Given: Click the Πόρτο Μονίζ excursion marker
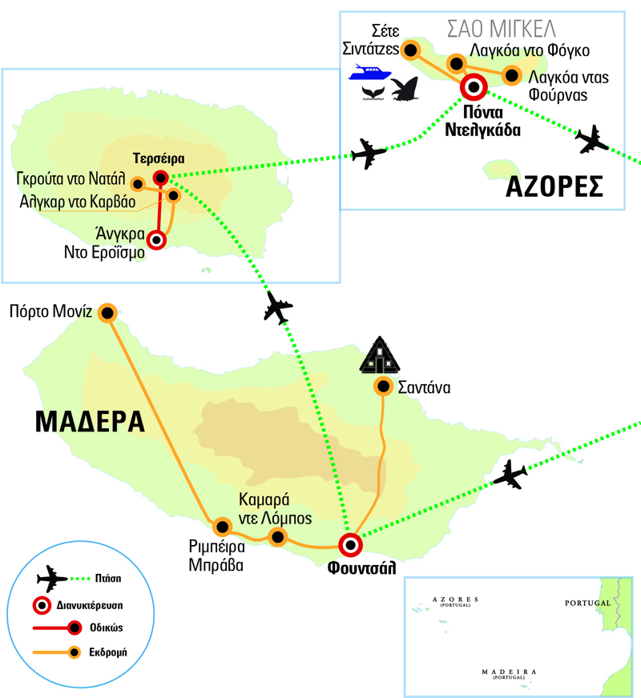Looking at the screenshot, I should pos(107,312).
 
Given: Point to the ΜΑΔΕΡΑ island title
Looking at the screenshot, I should pos(91,421).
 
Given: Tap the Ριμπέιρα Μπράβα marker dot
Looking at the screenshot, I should pos(221,526).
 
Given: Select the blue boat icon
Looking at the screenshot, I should pos(369,74).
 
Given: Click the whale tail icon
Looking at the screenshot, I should pos(372,94).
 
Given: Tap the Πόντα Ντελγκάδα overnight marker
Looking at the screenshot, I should pos(474,86).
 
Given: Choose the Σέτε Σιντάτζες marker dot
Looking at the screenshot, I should pos(411,50).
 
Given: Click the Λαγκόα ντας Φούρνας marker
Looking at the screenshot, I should pos(511,76).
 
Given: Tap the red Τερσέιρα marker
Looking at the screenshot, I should pos(161,177).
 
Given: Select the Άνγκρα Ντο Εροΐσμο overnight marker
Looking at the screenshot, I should pos(157,239).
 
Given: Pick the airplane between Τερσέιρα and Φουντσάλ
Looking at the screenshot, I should pos(278,307).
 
